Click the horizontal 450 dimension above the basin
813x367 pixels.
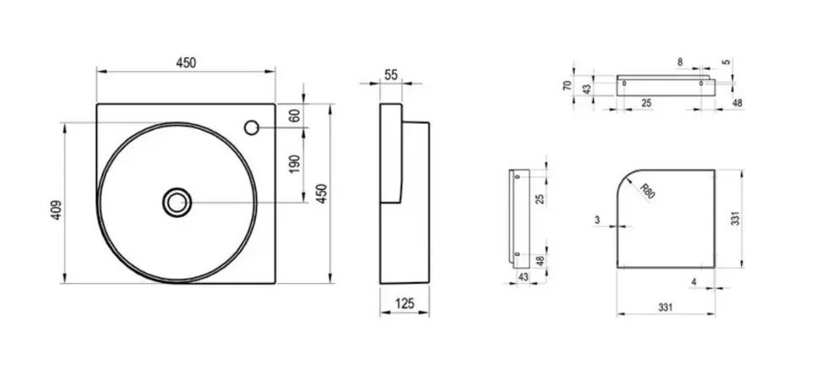[186, 63]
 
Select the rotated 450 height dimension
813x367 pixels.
[322, 193]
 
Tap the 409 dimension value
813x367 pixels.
[57, 209]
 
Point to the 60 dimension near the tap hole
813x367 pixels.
[295, 115]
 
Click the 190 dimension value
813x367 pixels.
[295, 164]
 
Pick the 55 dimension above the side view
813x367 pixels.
[391, 75]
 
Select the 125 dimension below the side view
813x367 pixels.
[405, 303]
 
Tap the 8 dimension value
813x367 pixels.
[680, 62]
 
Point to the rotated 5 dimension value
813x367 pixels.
[727, 62]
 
